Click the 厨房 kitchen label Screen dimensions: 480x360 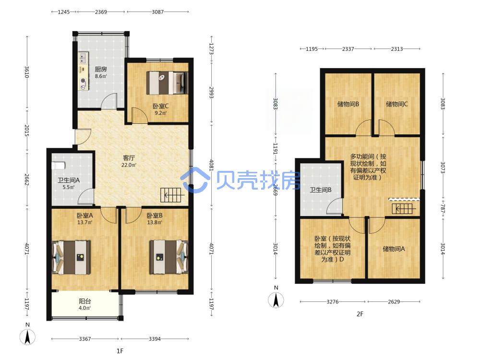tap(101, 69)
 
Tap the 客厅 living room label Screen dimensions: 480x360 tap(129, 158)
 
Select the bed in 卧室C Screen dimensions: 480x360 tap(167, 83)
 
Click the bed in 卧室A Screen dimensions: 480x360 tap(72, 257)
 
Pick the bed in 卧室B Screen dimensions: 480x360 tap(168, 257)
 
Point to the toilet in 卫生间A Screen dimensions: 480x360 tap(59, 166)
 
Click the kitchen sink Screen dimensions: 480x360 tap(83, 58)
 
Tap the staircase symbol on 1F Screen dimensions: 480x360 tap(172, 195)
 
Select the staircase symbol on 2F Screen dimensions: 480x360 tap(404, 209)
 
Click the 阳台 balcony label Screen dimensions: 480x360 tap(85, 301)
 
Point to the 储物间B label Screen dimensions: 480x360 tap(348, 104)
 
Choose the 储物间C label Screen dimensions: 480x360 tap(397, 104)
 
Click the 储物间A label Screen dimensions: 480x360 tap(394, 249)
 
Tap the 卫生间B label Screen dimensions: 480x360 tap(321, 190)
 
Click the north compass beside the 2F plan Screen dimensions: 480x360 tap(276, 300)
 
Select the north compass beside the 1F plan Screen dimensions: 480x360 tap(27, 337)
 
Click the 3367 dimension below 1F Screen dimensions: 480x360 tap(85, 339)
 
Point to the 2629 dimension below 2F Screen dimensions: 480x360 tap(394, 302)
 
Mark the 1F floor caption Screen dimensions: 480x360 tap(120, 351)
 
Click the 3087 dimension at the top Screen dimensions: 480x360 tap(157, 12)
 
